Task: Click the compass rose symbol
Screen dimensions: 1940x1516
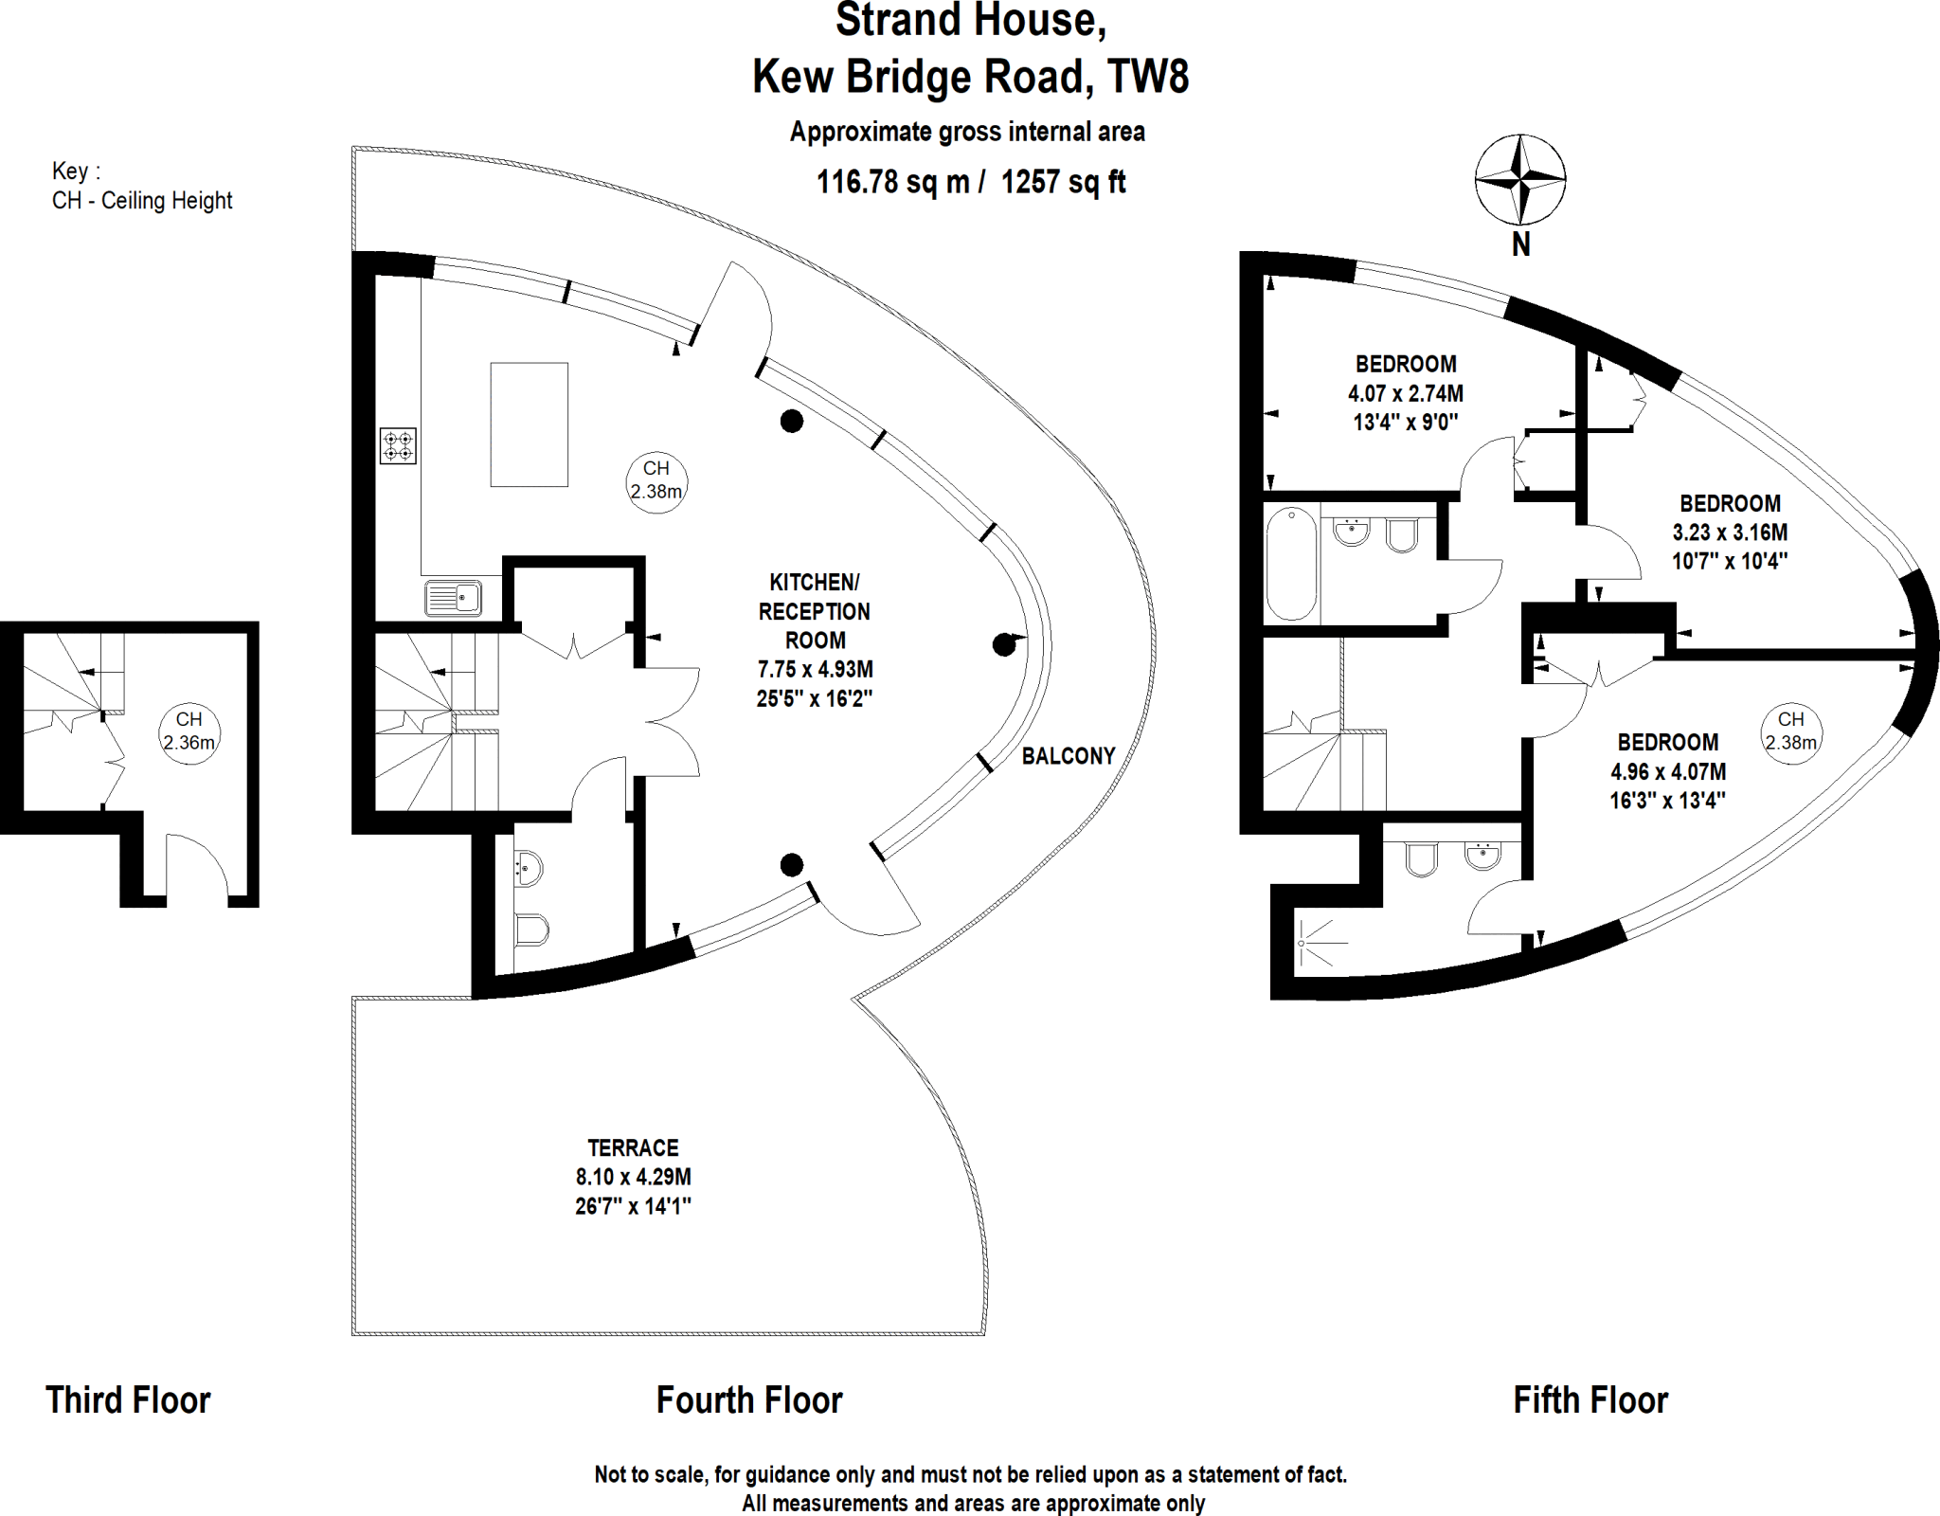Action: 1519,178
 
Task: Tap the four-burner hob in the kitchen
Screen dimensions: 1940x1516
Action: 398,446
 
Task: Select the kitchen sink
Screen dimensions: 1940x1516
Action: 454,599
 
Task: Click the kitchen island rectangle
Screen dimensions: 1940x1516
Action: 529,424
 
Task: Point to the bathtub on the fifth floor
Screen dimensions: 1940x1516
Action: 1291,564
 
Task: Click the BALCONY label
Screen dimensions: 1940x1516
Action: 1069,756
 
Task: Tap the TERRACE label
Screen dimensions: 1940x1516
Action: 633,1148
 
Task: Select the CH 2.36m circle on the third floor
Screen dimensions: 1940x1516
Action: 189,731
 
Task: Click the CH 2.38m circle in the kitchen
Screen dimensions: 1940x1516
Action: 656,480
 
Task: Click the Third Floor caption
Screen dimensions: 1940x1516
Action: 128,1400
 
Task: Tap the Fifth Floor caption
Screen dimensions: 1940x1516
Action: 1590,1400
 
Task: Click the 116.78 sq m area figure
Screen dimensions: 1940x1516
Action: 892,181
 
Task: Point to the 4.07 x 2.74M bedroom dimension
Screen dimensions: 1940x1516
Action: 1406,393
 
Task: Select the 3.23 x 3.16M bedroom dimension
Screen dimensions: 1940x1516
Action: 1730,532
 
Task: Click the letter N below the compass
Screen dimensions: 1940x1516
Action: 1520,244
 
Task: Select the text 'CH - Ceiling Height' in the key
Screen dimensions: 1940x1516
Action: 142,201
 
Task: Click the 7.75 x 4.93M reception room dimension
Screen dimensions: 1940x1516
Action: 815,669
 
